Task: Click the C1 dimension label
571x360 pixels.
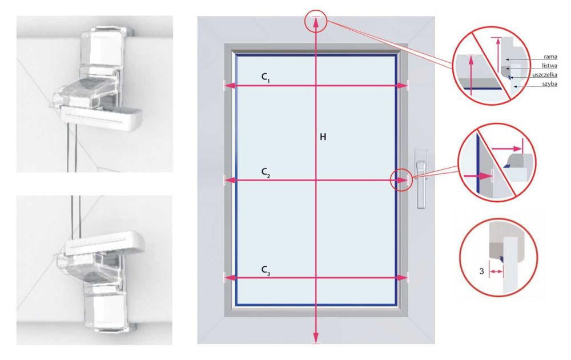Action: coord(266,77)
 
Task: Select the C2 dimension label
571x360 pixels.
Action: coord(266,173)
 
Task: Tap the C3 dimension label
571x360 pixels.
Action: coord(266,270)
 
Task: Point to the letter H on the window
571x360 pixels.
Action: coord(323,137)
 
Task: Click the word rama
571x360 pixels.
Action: coord(550,57)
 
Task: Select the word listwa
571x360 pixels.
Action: coord(549,66)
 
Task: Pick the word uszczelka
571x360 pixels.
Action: coord(545,75)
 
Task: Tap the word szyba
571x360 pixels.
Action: coord(549,84)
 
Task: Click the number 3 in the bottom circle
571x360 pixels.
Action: coord(481,271)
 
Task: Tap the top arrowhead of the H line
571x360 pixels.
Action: coord(316,22)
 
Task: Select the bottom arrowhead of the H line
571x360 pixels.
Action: coord(316,337)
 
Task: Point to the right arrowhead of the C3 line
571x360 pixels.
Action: coord(402,278)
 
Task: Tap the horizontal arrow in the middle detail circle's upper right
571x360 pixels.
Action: coord(507,149)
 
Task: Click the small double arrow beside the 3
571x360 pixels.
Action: coord(496,272)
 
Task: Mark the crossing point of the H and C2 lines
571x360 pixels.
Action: coord(316,179)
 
